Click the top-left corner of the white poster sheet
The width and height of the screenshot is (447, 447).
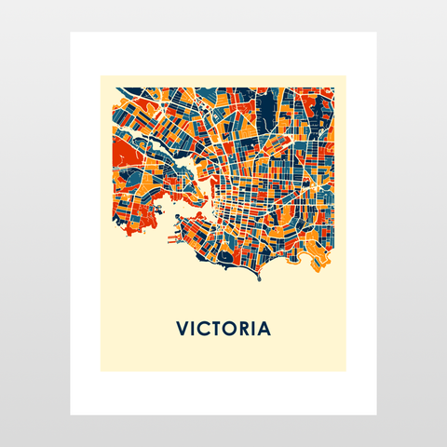[71, 33]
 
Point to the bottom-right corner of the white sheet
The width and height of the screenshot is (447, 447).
[376, 414]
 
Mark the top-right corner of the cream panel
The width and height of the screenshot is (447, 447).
[345, 75]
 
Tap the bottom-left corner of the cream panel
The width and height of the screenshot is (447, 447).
[101, 372]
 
